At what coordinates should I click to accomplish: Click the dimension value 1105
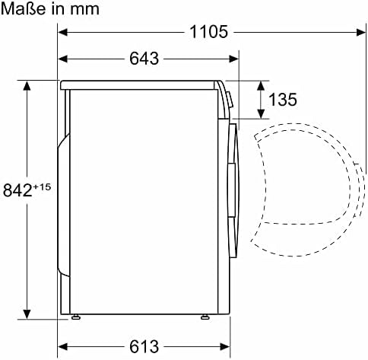(x=209, y=32)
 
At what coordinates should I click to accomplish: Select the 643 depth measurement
(x=144, y=59)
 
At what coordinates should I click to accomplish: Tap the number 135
(x=282, y=100)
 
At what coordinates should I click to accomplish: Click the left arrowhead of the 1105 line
(x=65, y=32)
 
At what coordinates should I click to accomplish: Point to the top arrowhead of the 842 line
(x=27, y=85)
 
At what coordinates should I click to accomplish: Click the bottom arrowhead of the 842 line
(x=27, y=314)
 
